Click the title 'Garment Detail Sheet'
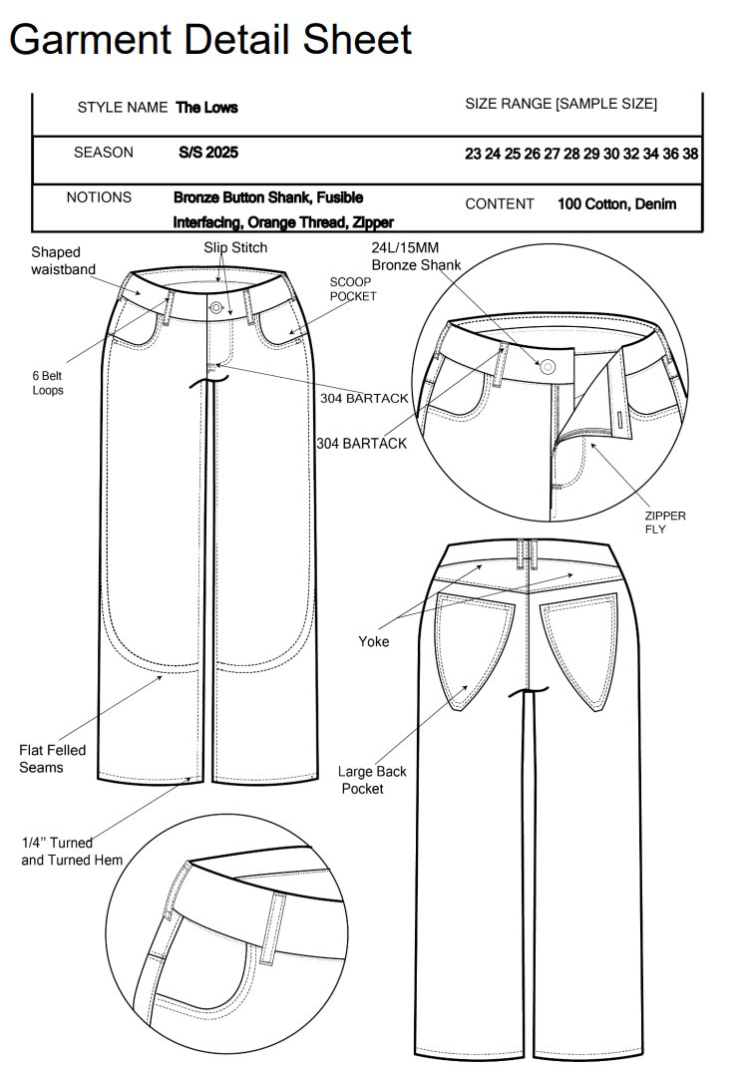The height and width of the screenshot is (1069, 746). point(210,39)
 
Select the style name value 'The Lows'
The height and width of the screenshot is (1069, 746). point(206,108)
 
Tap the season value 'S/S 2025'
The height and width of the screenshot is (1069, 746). point(207,154)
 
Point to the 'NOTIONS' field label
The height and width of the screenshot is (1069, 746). point(99,197)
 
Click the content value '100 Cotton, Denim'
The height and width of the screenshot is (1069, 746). point(616,204)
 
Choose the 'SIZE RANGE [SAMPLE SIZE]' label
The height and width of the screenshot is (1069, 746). point(560,105)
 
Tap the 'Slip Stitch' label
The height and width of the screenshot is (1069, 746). point(235,247)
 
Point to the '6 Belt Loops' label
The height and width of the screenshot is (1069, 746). point(47,383)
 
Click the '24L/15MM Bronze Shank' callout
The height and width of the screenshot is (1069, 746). point(416,255)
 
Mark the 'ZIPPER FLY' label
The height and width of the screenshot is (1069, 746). point(664,523)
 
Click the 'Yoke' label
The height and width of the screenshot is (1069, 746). point(374,641)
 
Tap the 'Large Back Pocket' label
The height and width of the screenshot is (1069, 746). point(372,780)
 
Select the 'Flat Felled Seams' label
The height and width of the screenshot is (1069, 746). point(53,759)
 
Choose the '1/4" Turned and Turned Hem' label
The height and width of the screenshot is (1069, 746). point(71,852)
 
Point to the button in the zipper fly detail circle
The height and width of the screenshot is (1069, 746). point(548,366)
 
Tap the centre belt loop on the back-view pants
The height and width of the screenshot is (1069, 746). point(527,550)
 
